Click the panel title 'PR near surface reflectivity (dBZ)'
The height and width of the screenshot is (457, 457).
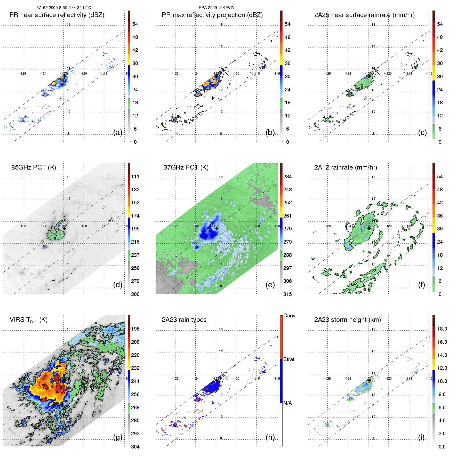57,15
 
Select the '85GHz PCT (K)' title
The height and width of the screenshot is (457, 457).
34,167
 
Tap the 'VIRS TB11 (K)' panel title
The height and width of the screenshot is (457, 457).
28,320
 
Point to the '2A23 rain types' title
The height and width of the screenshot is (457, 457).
184,320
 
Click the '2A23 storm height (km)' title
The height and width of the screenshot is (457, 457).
347,320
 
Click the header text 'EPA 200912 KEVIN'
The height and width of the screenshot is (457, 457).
217,8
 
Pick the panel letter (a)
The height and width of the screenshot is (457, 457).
118,132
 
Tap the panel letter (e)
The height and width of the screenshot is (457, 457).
270,285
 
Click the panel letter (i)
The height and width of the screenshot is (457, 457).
421,437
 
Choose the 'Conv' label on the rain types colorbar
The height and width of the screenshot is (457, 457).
289,316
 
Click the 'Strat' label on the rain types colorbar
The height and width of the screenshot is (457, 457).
289,359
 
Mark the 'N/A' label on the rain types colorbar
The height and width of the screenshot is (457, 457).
287,403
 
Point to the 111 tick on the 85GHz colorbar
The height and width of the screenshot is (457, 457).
135,177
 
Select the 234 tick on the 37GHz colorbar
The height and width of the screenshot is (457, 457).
287,177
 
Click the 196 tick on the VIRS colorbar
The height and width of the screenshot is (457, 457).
135,329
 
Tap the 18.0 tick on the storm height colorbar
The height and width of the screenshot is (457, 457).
442,329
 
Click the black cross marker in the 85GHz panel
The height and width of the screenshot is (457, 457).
64,228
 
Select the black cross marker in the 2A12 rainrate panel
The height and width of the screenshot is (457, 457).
369,228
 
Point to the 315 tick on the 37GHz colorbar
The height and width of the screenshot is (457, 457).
287,294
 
